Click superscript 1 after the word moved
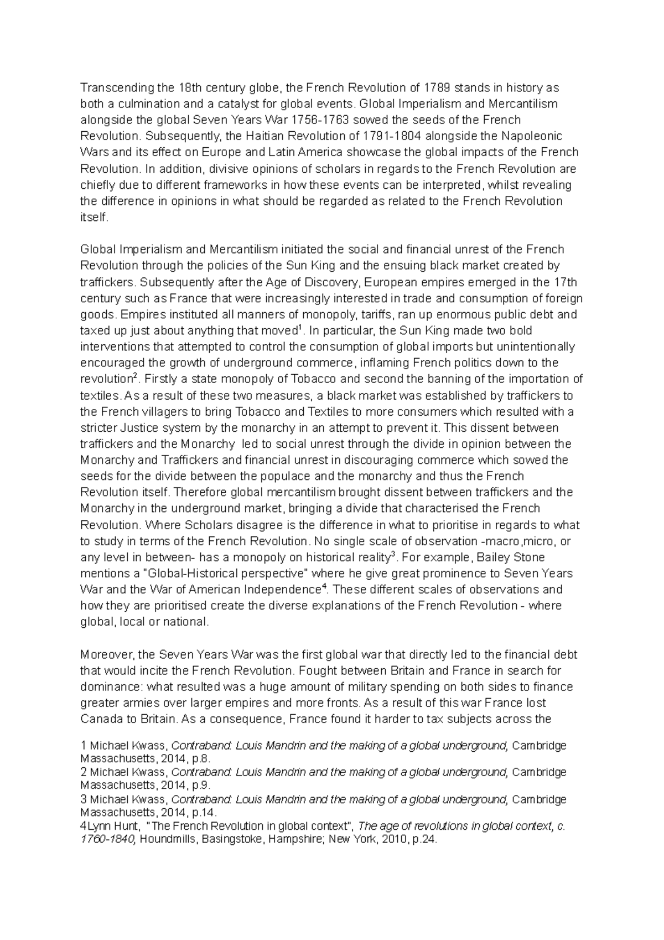[299, 328]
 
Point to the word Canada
[99, 719]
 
